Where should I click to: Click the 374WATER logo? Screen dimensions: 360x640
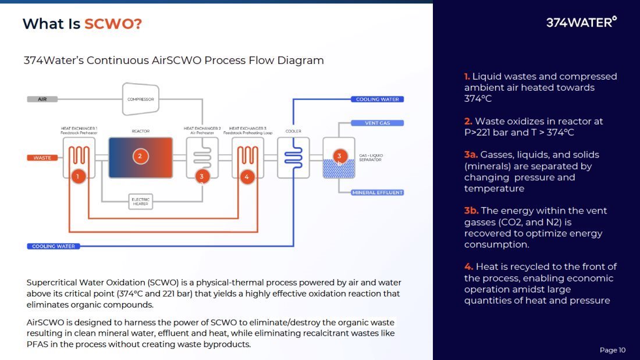pos(581,22)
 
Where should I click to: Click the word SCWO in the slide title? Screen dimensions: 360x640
pos(113,24)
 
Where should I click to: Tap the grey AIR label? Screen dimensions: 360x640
pos(42,99)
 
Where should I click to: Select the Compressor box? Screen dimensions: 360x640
pos(140,99)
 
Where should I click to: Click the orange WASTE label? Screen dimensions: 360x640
pos(42,158)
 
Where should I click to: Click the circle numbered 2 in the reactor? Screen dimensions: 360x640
pos(140,156)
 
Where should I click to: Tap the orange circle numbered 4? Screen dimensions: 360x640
pos(247,176)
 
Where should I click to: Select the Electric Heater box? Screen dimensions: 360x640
pos(140,202)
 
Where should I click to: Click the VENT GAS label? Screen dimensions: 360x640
pos(377,123)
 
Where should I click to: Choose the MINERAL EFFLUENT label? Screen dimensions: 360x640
pos(377,193)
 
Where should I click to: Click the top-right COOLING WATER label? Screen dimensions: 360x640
pos(377,99)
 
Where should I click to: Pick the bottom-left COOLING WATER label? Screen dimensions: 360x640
pos(53,246)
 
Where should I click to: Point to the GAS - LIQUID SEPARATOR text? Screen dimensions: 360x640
pos(371,158)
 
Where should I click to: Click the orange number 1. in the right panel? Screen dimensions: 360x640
pos(467,76)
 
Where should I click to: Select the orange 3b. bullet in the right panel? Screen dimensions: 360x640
pos(471,211)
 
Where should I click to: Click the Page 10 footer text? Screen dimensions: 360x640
pos(612,350)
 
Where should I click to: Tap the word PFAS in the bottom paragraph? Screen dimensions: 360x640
pos(37,344)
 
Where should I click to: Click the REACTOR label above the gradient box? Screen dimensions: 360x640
pos(140,131)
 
